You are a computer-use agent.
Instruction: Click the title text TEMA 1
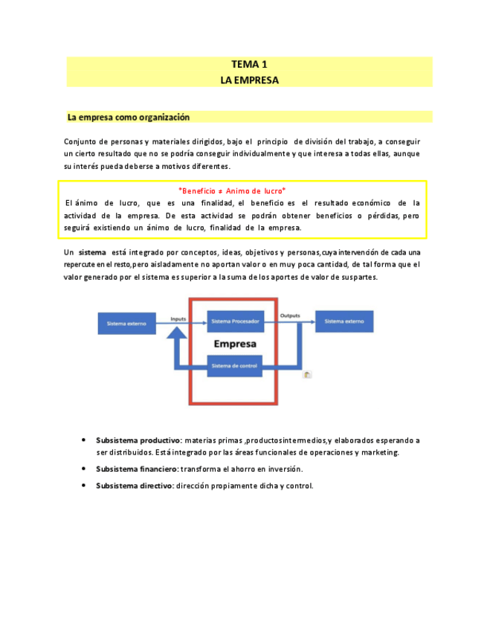click(x=249, y=65)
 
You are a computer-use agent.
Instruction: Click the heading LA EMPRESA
click(x=249, y=80)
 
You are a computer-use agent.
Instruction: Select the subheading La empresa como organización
click(x=129, y=117)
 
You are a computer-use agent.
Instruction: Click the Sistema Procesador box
click(x=235, y=322)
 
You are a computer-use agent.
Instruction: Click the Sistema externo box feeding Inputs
click(x=127, y=323)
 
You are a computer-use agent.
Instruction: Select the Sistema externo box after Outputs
click(x=344, y=322)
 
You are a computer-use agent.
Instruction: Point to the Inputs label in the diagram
click(x=178, y=318)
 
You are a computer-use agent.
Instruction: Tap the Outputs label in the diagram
click(x=290, y=316)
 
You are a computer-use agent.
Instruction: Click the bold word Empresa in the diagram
click(x=235, y=344)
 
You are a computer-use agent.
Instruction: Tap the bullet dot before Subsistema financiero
click(x=83, y=469)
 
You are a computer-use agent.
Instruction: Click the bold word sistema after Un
click(x=92, y=252)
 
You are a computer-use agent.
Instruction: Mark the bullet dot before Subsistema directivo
click(x=83, y=486)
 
